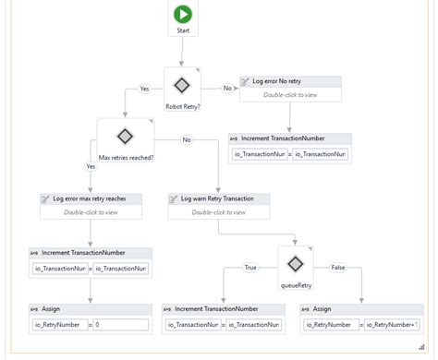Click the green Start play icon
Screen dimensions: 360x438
[183, 16]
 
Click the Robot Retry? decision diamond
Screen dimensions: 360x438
[181, 85]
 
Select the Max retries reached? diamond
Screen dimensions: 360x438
[126, 137]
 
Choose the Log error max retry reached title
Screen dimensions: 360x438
[89, 198]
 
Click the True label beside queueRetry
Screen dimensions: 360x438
[250, 267]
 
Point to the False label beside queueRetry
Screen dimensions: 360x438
[337, 267]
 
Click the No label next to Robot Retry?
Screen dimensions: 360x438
[227, 89]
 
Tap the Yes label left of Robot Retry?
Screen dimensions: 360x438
[144, 89]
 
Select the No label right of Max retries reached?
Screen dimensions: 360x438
[187, 140]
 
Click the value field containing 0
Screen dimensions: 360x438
[120, 325]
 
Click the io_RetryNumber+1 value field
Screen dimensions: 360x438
[391, 325]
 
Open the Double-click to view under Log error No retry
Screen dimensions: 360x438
[290, 94]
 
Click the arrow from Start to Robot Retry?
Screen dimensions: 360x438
[183, 51]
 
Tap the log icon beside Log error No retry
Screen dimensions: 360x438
[246, 81]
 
